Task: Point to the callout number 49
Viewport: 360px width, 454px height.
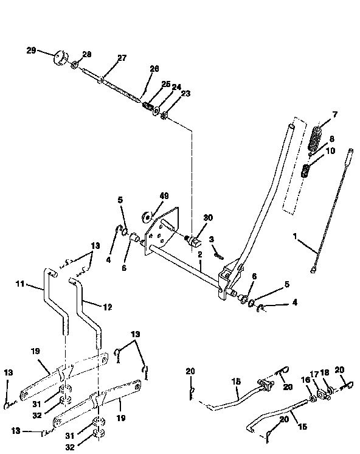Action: click(x=164, y=196)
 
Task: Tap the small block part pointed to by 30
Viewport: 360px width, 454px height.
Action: click(x=196, y=242)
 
